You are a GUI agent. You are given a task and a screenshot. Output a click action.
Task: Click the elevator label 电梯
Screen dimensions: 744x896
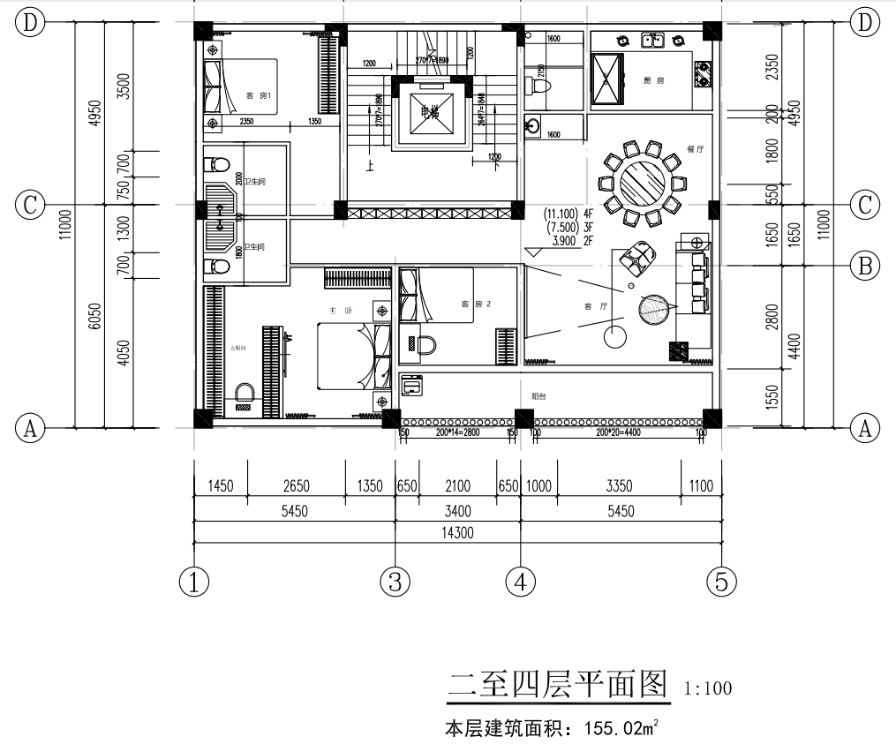click(429, 112)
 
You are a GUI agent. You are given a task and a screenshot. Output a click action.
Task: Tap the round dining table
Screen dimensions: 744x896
click(642, 184)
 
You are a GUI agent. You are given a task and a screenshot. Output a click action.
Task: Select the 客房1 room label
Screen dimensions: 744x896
click(259, 96)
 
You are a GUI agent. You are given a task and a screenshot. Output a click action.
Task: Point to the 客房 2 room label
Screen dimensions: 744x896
click(476, 304)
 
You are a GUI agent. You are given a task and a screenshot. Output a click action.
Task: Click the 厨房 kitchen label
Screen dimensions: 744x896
click(653, 80)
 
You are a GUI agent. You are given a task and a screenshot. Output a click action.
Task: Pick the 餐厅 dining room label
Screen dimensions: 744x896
click(695, 149)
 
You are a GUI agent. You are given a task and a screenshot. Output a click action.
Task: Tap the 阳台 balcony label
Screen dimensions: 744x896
click(538, 396)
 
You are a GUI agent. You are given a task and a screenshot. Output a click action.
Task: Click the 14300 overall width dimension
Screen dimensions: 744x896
click(456, 533)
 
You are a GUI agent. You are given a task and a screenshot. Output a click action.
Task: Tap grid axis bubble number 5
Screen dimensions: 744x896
click(721, 581)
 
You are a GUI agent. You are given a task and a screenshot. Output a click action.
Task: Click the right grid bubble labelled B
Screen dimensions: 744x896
click(864, 263)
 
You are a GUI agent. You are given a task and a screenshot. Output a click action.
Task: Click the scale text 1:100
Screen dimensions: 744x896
click(708, 688)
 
